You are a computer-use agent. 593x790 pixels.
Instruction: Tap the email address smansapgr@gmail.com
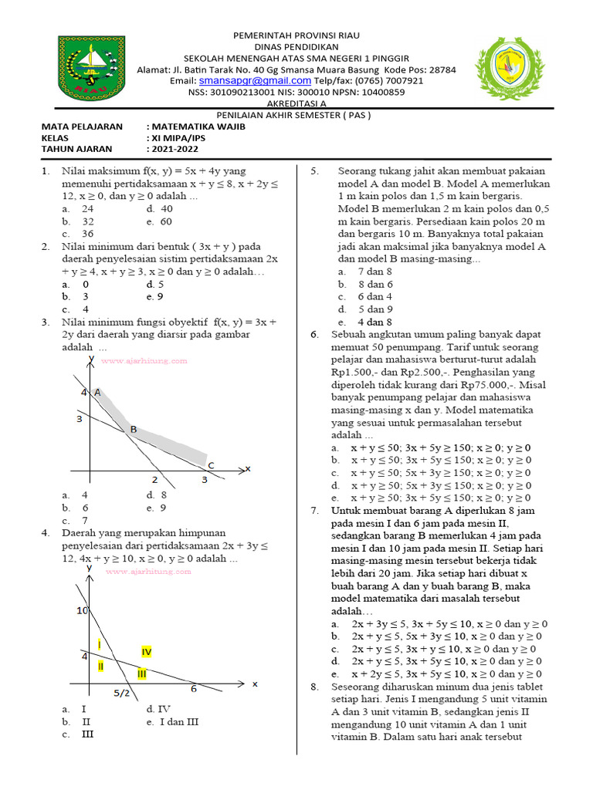[255, 80]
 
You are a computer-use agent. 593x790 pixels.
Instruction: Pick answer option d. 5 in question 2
[155, 284]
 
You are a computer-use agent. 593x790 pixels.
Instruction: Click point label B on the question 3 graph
[134, 429]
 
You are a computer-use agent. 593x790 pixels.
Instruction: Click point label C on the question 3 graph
[210, 464]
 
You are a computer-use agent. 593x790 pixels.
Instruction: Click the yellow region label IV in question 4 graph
[146, 652]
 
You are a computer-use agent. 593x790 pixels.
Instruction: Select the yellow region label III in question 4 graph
[142, 674]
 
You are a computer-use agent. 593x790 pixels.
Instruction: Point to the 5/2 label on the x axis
[122, 693]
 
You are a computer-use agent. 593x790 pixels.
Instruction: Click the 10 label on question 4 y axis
[83, 611]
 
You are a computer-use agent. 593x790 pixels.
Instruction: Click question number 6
[314, 334]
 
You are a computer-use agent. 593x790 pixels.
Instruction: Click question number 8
[314, 686]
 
